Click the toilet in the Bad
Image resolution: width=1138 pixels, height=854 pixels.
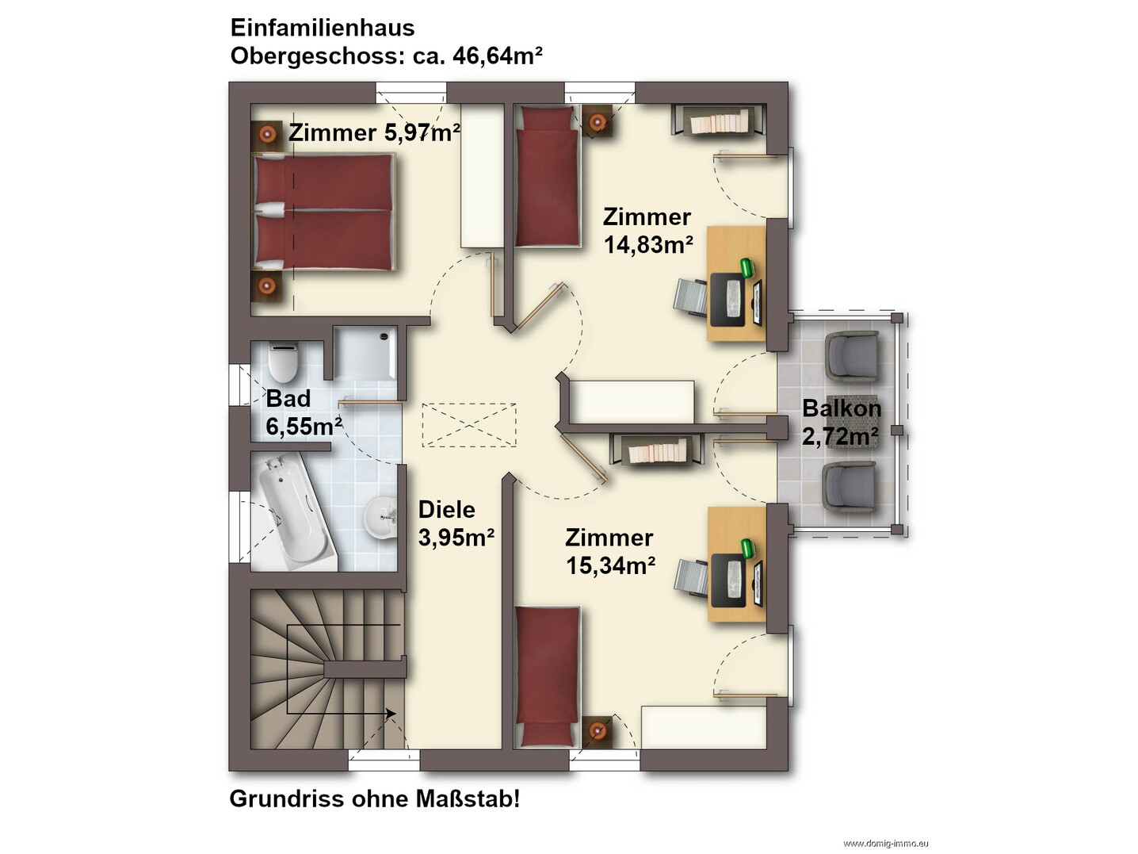[283, 362]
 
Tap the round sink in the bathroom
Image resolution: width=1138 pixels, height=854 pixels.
[381, 517]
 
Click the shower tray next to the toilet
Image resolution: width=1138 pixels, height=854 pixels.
[365, 353]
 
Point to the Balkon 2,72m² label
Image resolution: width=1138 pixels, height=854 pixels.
[842, 422]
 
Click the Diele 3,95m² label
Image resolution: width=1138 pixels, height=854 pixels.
[456, 523]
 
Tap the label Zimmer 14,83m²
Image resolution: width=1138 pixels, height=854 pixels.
[647, 230]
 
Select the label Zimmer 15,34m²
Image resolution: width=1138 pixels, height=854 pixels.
[610, 551]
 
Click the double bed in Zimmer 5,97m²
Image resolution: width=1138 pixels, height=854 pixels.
[324, 212]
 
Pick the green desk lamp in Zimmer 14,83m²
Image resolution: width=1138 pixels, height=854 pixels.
[747, 267]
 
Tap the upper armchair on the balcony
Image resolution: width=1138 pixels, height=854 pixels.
[852, 357]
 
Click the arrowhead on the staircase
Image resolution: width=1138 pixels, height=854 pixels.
[391, 714]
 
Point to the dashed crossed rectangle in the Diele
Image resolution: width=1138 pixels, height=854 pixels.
[468, 425]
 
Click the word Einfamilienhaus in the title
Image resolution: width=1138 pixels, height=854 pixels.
[323, 28]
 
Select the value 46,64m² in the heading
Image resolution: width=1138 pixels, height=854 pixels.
[497, 56]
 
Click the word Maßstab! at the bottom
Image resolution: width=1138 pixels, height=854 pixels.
[467, 799]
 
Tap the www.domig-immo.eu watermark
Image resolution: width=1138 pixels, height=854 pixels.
[886, 844]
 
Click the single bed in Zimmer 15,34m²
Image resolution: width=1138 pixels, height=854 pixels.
[548, 677]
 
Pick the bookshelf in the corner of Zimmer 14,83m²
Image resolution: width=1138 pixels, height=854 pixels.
[719, 121]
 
